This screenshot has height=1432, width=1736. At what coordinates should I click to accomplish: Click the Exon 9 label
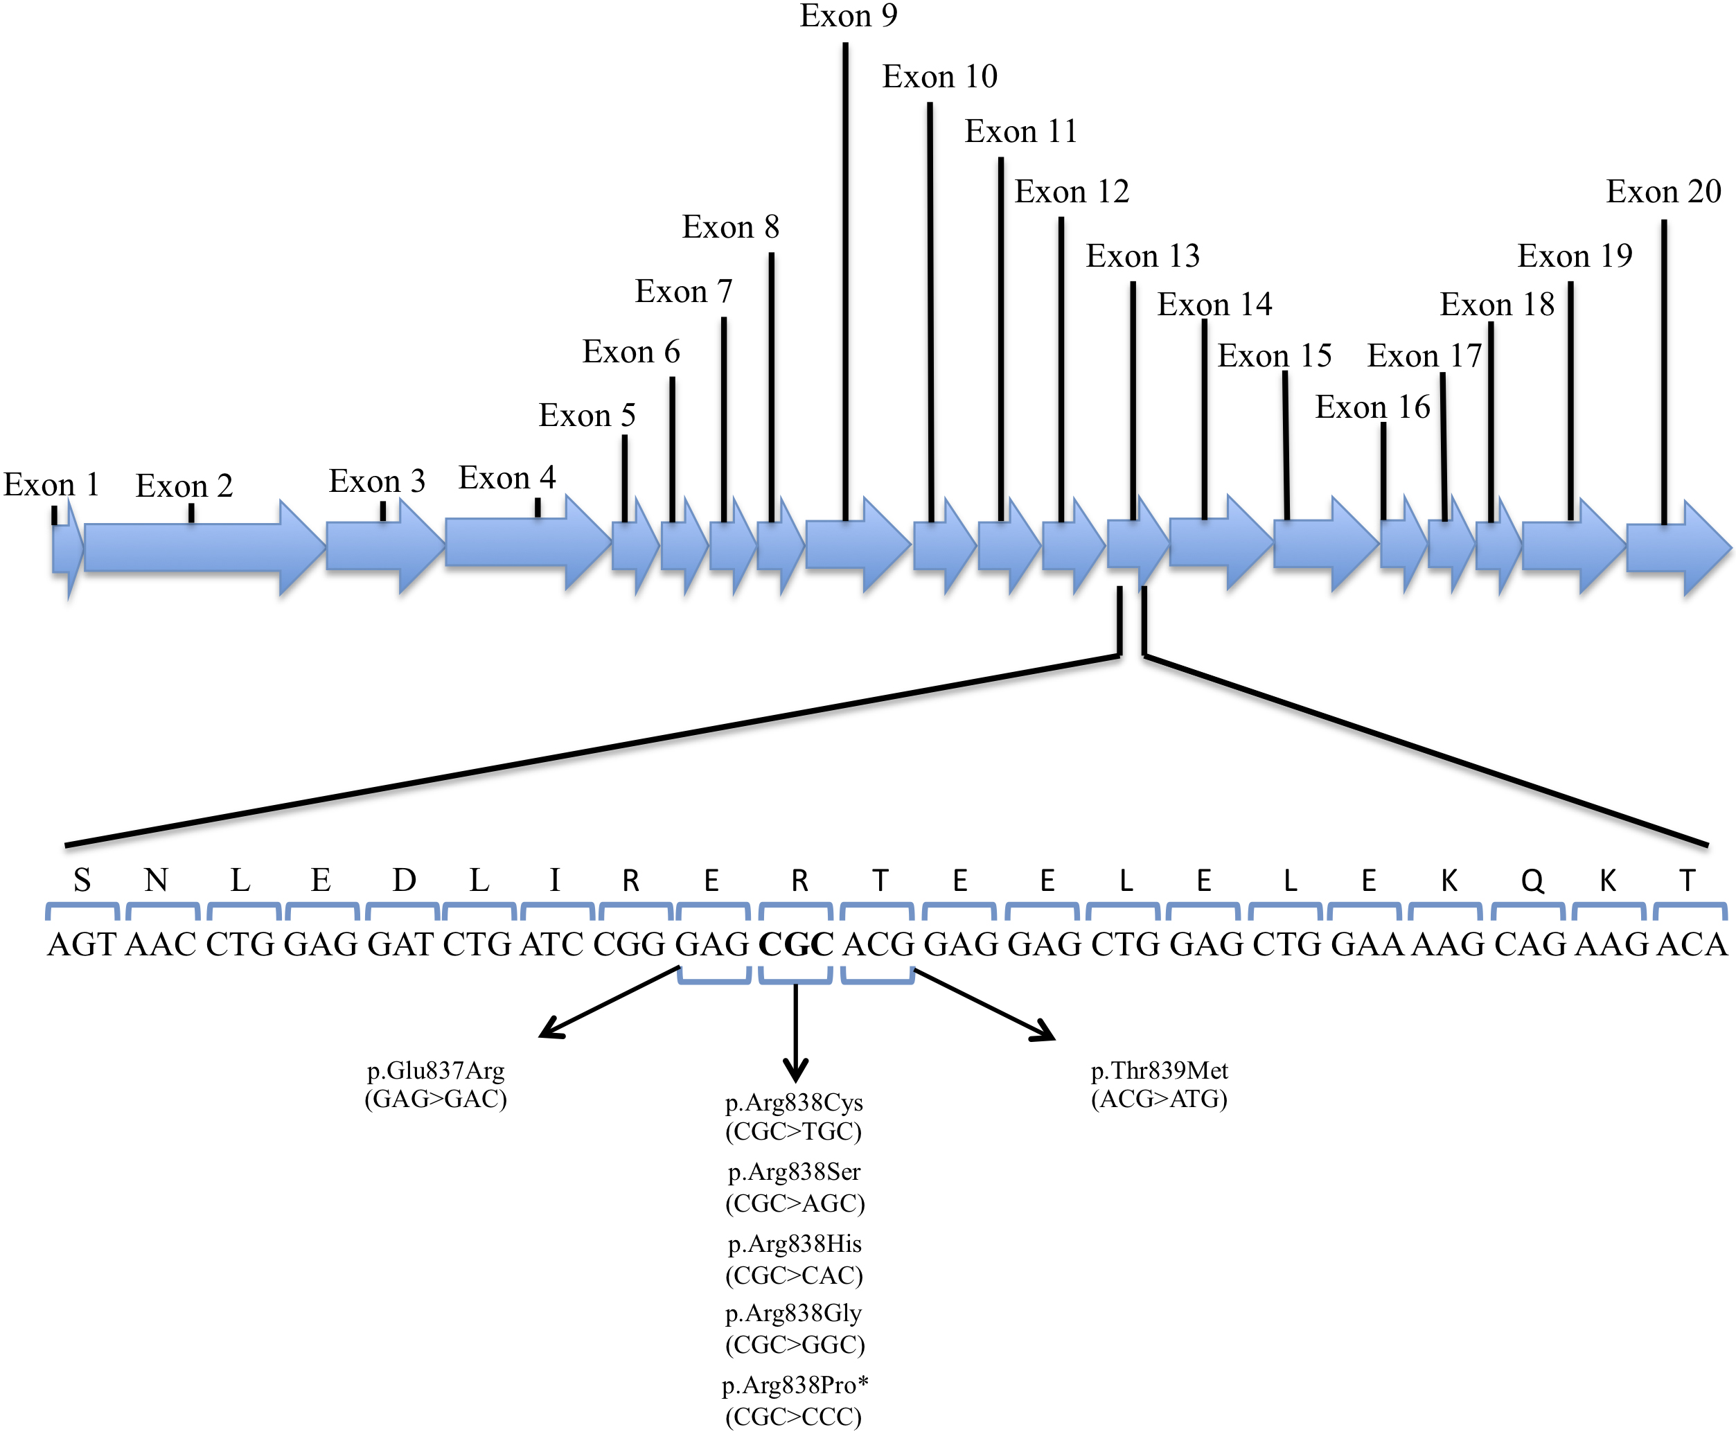(x=848, y=16)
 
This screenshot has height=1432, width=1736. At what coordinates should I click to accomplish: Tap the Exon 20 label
(x=1663, y=191)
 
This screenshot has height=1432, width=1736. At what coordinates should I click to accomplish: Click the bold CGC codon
(x=795, y=944)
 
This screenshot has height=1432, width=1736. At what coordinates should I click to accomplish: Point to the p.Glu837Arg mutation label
(x=436, y=1070)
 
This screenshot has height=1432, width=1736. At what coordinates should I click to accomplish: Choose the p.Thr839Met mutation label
(x=1159, y=1070)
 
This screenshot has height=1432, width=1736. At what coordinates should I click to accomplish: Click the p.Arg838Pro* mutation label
(x=795, y=1385)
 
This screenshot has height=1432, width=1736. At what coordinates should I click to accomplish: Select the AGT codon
(x=82, y=944)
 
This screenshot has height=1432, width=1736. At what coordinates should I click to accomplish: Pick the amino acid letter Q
(x=1532, y=881)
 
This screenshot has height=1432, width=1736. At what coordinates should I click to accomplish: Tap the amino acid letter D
(x=403, y=881)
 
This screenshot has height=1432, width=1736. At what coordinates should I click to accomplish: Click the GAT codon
(x=402, y=944)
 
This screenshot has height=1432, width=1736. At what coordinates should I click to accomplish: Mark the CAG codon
(x=1530, y=944)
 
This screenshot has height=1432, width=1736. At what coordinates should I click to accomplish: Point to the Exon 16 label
(x=1372, y=407)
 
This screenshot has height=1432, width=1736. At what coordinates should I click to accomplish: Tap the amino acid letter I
(x=555, y=881)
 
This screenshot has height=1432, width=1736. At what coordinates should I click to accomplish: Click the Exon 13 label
(x=1142, y=256)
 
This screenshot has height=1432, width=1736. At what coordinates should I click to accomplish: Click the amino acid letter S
(x=82, y=881)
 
